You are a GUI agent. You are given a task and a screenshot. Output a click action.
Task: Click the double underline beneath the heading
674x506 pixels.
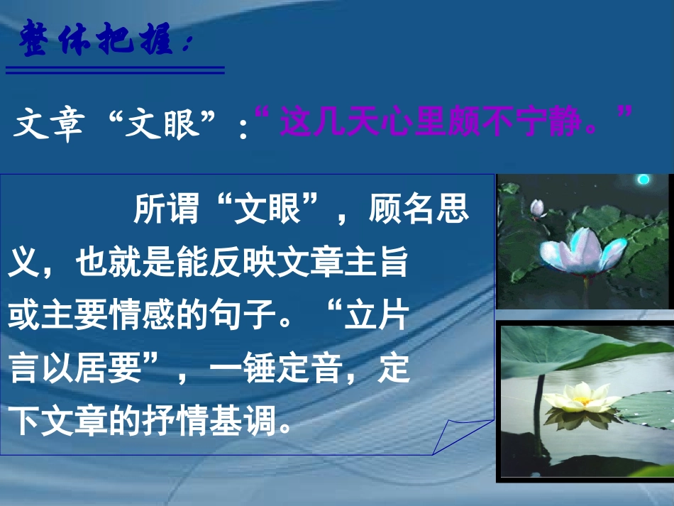coord(115,70)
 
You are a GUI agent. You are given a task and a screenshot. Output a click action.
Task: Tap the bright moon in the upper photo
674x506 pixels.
coord(643,180)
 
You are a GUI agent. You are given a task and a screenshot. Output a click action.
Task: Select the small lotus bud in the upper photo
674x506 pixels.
coord(538,207)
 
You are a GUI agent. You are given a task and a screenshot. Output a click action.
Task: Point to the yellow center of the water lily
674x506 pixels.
coord(580,400)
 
